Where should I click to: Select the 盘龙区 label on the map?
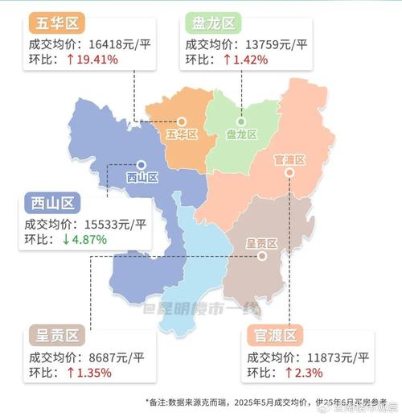click(240, 134)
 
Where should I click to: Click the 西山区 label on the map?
click(142, 176)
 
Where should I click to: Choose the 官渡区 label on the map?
click(289, 160)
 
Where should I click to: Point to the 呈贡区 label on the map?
click(260, 243)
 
